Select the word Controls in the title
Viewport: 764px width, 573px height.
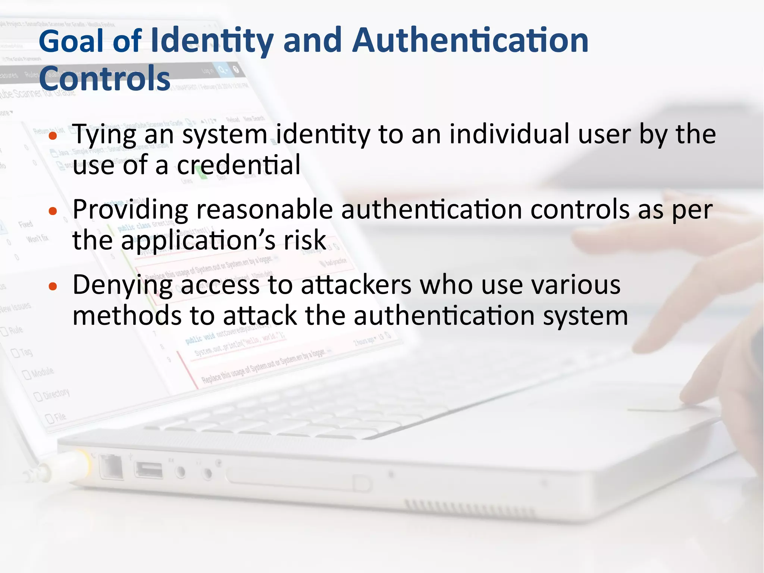[x=104, y=79]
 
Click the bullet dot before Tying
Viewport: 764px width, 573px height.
[x=53, y=136]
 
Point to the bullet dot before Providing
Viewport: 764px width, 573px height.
[x=53, y=211]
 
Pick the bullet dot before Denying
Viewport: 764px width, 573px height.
[x=53, y=287]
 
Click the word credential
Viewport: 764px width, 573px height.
[x=238, y=165]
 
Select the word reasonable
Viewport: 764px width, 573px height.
[x=264, y=210]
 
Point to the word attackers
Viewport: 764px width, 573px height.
[x=356, y=285]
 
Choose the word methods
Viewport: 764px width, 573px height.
[x=127, y=316]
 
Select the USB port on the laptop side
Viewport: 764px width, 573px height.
[x=148, y=470]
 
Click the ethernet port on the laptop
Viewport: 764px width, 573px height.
[x=111, y=467]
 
